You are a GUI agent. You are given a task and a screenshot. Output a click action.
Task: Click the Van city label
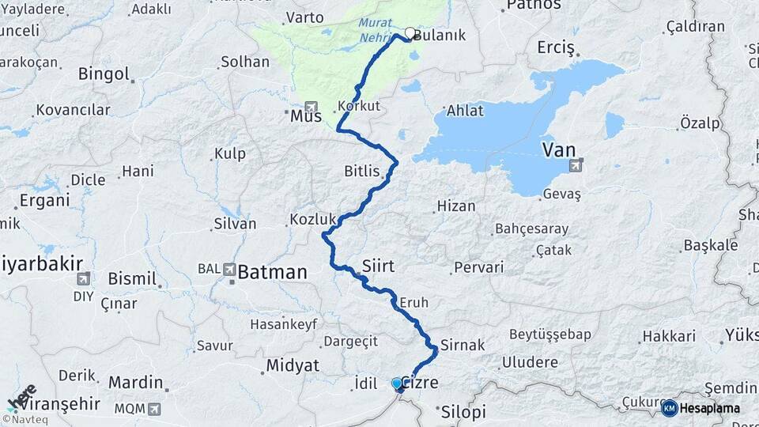[x=558, y=149]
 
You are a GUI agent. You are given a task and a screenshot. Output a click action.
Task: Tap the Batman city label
[x=272, y=273]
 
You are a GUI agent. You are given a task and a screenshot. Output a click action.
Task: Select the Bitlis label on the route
[x=362, y=171]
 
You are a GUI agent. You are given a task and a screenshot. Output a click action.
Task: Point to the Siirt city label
[x=378, y=265]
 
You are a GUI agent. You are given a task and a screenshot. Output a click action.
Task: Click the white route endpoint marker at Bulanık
[x=410, y=33]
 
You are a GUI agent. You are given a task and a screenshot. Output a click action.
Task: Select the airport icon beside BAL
[x=230, y=269]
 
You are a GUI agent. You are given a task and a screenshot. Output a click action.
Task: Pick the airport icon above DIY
[x=83, y=278]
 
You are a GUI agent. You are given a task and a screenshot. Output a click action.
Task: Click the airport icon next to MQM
[x=153, y=408]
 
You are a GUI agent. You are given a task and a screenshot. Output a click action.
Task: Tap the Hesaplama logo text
[x=709, y=408]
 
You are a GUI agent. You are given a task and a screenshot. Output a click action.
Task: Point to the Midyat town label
[x=293, y=365]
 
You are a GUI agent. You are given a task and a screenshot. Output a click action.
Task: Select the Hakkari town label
[x=669, y=336]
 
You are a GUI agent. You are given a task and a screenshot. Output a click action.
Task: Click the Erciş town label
[x=556, y=47]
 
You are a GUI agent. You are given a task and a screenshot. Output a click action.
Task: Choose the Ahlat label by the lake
[x=465, y=111]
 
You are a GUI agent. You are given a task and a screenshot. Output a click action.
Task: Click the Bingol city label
[x=104, y=74]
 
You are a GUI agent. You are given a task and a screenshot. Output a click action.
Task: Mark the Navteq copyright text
[x=28, y=420]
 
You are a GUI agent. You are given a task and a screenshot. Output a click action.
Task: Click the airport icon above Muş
[x=310, y=107]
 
